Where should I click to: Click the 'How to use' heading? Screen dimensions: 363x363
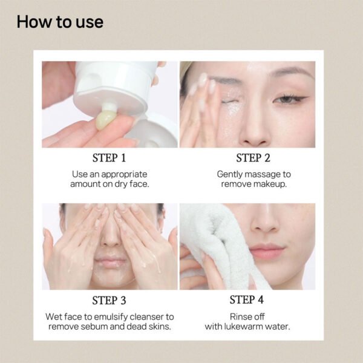click(60, 22)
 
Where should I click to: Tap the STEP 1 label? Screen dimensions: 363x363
click(110, 159)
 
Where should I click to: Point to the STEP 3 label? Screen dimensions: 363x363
click(110, 300)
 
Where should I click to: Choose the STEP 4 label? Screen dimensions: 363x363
click(247, 300)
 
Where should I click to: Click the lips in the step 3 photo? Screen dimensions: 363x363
click(110, 261)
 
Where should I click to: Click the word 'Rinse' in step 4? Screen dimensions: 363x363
click(238, 316)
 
